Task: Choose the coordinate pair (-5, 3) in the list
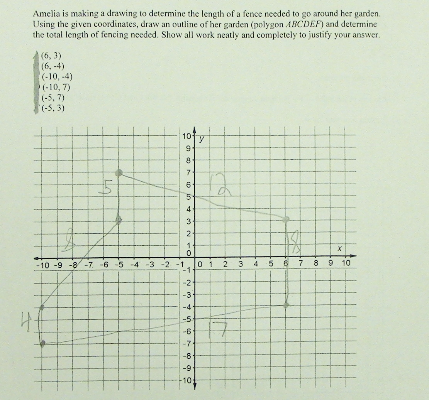pos(53,108)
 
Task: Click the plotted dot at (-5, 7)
pos(119,173)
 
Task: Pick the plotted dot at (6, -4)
pos(286,305)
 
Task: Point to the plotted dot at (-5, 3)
pos(119,221)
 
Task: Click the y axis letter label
pos(201,140)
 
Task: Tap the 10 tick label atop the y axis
pos(186,136)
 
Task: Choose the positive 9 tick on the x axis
pos(331,264)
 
